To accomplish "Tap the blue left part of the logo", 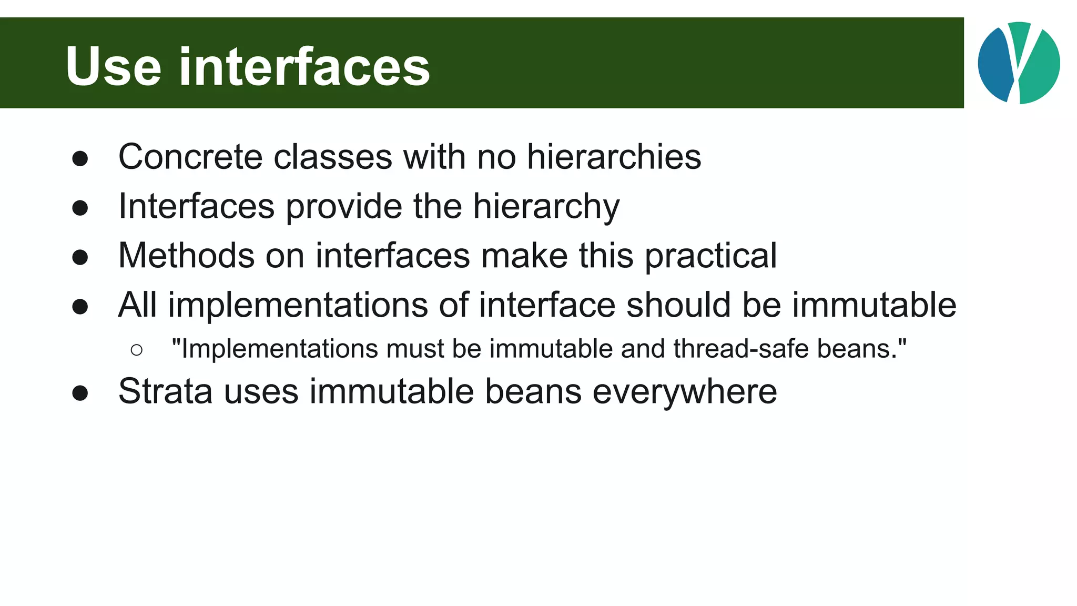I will pyautogui.click(x=995, y=63).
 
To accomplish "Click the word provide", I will pyautogui.click(x=344, y=206).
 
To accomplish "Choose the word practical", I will pyautogui.click(x=710, y=256).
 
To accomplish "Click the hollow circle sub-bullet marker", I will pyautogui.click(x=136, y=350).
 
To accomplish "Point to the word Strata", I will pyautogui.click(x=166, y=391).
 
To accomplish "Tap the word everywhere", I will pyautogui.click(x=684, y=391).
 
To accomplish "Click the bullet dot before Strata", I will pyautogui.click(x=80, y=393).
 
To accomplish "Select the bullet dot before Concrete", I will pyautogui.click(x=80, y=158).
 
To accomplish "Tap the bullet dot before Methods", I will pyautogui.click(x=80, y=257).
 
